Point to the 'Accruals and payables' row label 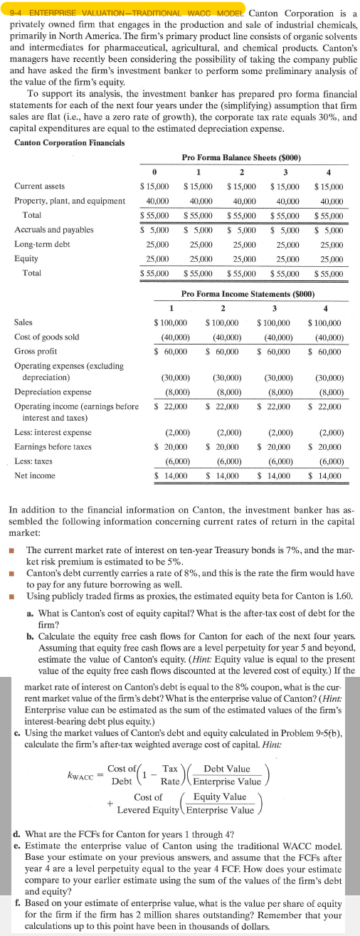point(53,230)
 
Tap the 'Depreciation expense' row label point(53,391)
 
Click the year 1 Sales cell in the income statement point(171,322)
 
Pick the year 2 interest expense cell point(223,432)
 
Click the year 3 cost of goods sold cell point(275,337)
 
